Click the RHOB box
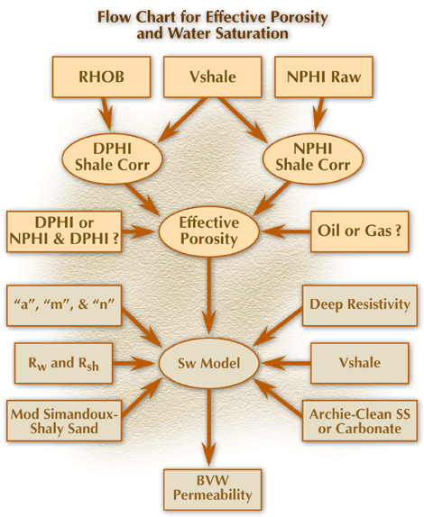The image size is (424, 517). click(x=101, y=77)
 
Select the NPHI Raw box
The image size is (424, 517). click(x=324, y=77)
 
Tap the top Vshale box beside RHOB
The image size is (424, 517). click(x=213, y=77)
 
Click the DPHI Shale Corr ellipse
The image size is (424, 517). click(x=112, y=158)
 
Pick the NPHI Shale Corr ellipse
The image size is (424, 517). click(x=313, y=158)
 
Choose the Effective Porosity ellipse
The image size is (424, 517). click(x=209, y=231)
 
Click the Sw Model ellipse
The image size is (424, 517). click(x=209, y=363)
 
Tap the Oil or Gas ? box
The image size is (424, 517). click(x=360, y=231)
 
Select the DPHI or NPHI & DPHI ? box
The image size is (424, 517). click(x=64, y=231)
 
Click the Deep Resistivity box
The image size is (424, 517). click(x=360, y=305)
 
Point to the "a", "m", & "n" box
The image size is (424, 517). click(x=64, y=305)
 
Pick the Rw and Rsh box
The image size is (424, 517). click(x=63, y=363)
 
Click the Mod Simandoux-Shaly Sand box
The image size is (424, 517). click(x=64, y=421)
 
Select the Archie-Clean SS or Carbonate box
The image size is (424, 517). click(x=360, y=421)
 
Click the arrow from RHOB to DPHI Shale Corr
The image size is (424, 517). click(x=106, y=113)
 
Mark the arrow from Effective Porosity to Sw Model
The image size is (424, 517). click(x=208, y=296)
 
